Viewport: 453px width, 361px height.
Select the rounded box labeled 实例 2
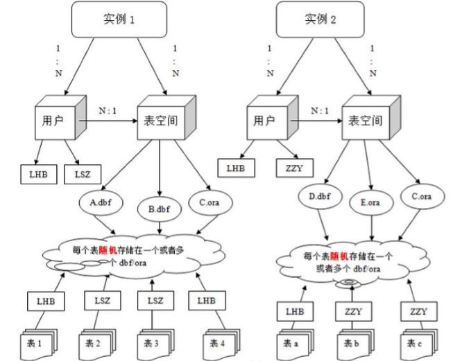tap(321, 19)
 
